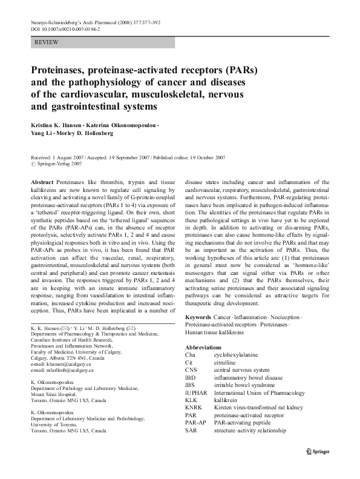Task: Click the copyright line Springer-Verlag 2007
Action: point(59,164)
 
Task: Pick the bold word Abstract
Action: point(41,182)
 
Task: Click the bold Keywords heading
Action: point(198,317)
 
